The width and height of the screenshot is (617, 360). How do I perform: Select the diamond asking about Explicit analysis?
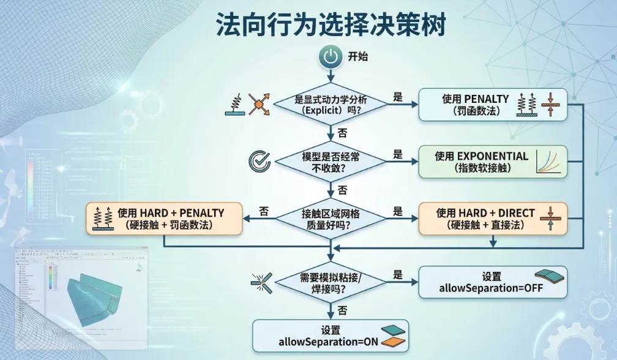pos(331,105)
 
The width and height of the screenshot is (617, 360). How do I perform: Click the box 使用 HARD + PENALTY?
pos(164,219)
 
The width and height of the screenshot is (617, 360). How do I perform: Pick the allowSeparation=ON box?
pos(331,336)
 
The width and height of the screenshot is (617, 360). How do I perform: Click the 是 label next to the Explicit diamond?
pos(398,97)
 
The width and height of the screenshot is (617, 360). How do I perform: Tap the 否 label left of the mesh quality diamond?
pos(264,211)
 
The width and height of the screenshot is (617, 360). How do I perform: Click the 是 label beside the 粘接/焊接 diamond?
pos(398,275)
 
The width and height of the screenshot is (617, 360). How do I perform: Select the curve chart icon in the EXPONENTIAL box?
pos(548,162)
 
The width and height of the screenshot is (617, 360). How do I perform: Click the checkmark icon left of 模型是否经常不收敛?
pos(259,160)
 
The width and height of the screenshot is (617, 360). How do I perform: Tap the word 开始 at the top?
pos(358,57)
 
